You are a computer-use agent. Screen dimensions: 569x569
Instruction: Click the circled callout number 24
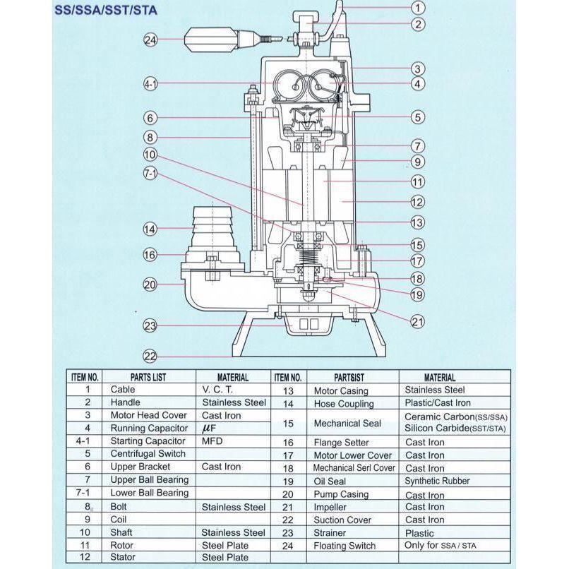point(150,40)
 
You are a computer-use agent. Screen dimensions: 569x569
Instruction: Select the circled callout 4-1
point(150,84)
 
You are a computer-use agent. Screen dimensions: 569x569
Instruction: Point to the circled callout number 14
point(150,229)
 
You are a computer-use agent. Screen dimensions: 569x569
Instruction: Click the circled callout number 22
point(150,356)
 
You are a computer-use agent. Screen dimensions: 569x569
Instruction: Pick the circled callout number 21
point(417,322)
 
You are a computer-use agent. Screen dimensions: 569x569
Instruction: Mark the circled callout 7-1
point(150,174)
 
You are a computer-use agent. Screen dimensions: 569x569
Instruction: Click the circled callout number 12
point(417,202)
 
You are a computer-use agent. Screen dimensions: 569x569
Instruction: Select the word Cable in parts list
point(123,389)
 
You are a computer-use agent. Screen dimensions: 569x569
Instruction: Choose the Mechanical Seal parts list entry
point(347,423)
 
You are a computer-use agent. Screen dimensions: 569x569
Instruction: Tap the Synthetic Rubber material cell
point(437,481)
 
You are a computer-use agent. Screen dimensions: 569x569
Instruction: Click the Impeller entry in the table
point(332,507)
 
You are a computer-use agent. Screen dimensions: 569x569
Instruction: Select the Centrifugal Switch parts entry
point(148,454)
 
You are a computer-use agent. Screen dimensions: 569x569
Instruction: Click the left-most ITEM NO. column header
point(88,377)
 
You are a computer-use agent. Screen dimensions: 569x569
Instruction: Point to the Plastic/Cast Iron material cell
point(438,403)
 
